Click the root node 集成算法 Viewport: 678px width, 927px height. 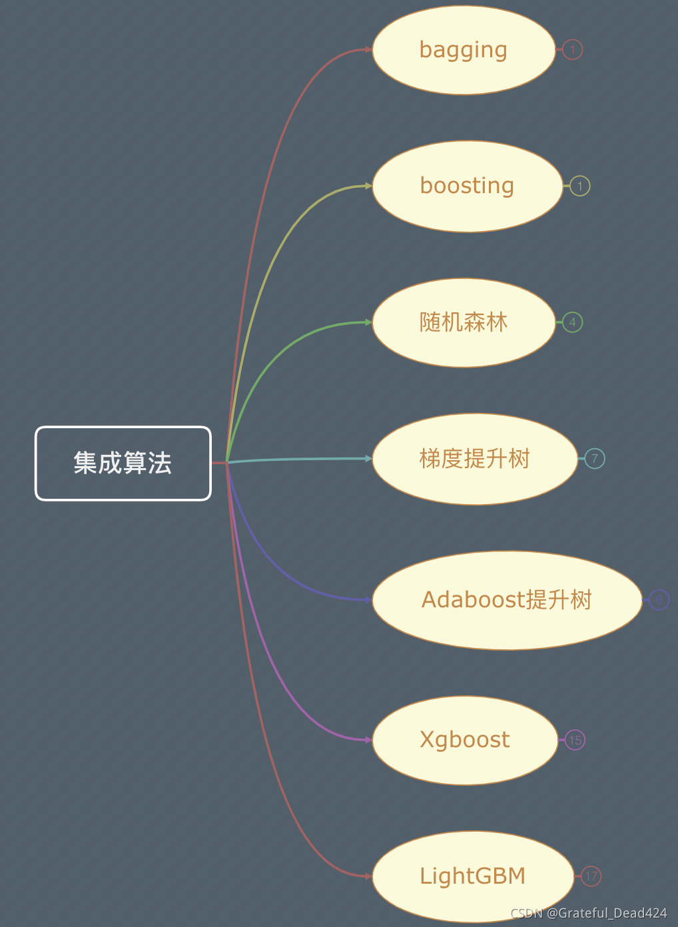click(123, 463)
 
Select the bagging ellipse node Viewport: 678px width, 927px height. click(464, 50)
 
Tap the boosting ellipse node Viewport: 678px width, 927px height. click(467, 186)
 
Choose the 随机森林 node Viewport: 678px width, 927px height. click(464, 322)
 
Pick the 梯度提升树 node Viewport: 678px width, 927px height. click(474, 459)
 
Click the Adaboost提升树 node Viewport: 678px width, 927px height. click(506, 600)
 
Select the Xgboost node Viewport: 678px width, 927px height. click(464, 740)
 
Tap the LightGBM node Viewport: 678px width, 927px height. click(472, 876)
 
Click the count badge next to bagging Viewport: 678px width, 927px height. click(573, 49)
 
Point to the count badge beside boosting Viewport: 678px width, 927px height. click(580, 186)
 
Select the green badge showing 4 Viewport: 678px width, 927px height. click(573, 322)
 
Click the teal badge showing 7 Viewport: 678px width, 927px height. click(595, 458)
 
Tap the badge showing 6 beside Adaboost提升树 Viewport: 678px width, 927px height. click(659, 600)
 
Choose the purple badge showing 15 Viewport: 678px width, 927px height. click(575, 740)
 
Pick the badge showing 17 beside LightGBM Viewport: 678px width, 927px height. click(591, 876)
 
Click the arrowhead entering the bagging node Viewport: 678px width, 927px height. click(368, 49)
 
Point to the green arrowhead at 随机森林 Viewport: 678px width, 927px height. click(368, 322)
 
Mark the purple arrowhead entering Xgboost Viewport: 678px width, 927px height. click(368, 740)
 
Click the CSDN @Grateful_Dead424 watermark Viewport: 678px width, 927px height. click(589, 913)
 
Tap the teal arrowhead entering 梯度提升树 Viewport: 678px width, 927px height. click(368, 458)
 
